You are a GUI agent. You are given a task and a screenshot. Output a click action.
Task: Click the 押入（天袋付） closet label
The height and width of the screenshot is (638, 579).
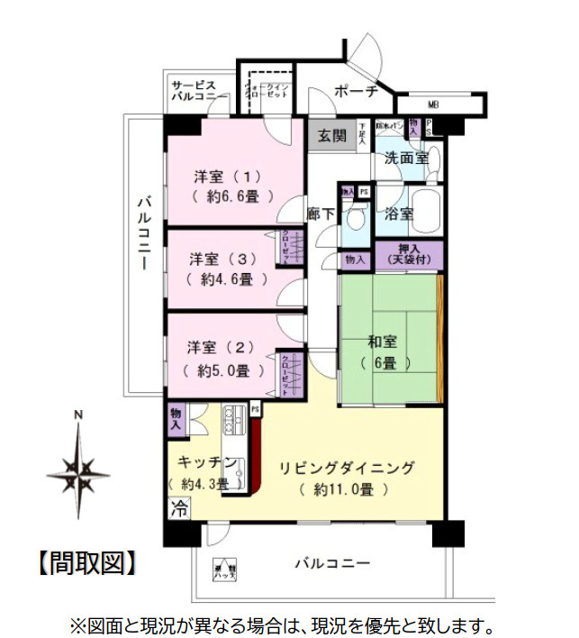tap(410, 254)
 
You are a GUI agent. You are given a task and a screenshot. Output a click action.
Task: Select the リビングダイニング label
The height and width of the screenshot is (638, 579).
tap(346, 468)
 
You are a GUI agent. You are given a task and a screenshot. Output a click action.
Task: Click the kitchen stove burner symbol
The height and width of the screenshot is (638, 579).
tap(234, 419)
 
